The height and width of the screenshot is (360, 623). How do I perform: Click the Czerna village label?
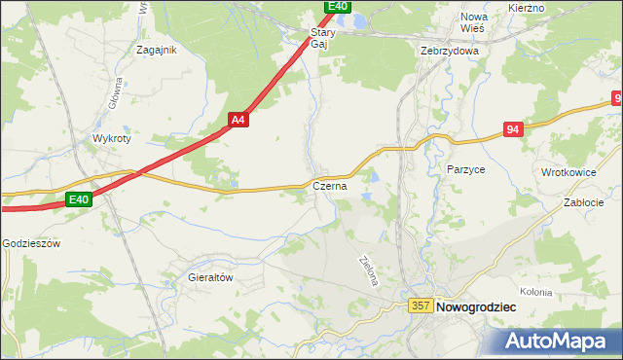click(330, 186)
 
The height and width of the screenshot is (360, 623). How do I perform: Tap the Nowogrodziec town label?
click(477, 306)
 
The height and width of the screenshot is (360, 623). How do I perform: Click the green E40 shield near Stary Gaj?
click(337, 6)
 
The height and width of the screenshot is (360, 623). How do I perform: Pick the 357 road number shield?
click(421, 306)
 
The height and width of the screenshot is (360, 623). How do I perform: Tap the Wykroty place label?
click(111, 138)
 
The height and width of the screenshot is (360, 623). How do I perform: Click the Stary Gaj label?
click(322, 38)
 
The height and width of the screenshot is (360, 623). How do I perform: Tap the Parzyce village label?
click(466, 168)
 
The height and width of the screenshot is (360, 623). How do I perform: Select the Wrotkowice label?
click(569, 172)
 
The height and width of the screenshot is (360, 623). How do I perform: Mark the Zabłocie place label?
click(585, 203)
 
